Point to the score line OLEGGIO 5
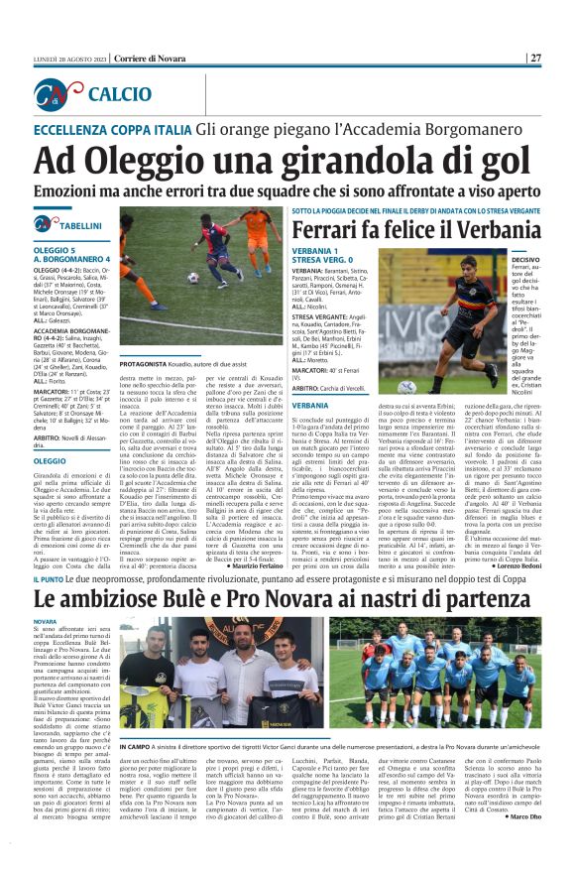pos(56,249)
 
